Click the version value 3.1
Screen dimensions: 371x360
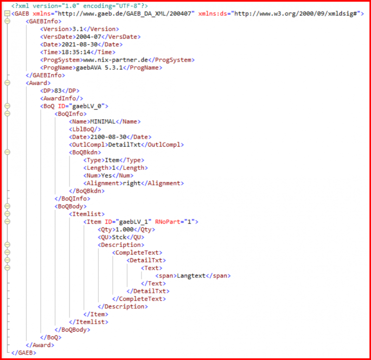coord(78,29)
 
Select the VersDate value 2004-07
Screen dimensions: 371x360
coord(88,37)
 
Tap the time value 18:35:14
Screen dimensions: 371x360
coord(76,52)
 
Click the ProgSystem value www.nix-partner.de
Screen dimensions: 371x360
coord(115,60)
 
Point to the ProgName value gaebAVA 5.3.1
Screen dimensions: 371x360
coord(100,68)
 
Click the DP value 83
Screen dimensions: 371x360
coord(58,91)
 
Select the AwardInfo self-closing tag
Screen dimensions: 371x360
coord(61,98)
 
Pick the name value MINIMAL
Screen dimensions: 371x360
coord(103,122)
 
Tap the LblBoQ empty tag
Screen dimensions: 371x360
coord(85,129)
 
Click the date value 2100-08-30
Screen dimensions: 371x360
coord(108,137)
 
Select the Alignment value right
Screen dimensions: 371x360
coord(132,183)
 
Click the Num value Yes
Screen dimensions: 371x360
coord(106,176)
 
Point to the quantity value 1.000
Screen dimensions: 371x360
coord(125,230)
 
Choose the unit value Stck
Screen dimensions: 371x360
coord(119,237)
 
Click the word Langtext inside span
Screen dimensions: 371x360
coord(191,276)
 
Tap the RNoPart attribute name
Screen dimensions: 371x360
coord(168,222)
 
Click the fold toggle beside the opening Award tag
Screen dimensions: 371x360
coord(7,83)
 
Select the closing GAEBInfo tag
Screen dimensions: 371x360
coord(45,75)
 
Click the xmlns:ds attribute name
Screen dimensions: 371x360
coord(213,14)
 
